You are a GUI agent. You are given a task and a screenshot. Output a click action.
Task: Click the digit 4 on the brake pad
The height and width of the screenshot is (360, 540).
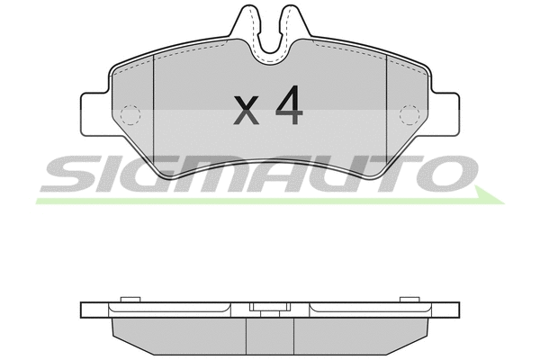pyautogui.click(x=289, y=105)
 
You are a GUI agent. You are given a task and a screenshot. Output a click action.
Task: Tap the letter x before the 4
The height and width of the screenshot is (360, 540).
pyautogui.click(x=246, y=110)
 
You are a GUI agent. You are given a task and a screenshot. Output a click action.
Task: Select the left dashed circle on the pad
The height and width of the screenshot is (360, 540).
pyautogui.click(x=130, y=114)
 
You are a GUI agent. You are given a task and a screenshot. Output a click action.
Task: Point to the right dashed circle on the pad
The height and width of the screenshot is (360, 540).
pyautogui.click(x=409, y=114)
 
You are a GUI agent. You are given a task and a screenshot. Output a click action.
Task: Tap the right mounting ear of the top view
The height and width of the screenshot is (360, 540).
pyautogui.click(x=445, y=114)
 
